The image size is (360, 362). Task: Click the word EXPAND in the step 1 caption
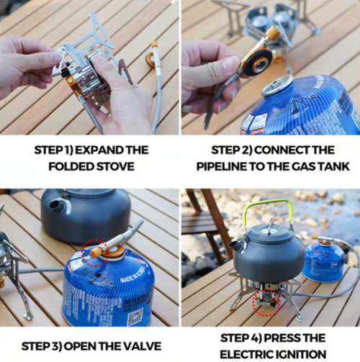102,150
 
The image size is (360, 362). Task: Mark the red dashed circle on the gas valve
94,253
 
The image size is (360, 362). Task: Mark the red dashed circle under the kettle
265,303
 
